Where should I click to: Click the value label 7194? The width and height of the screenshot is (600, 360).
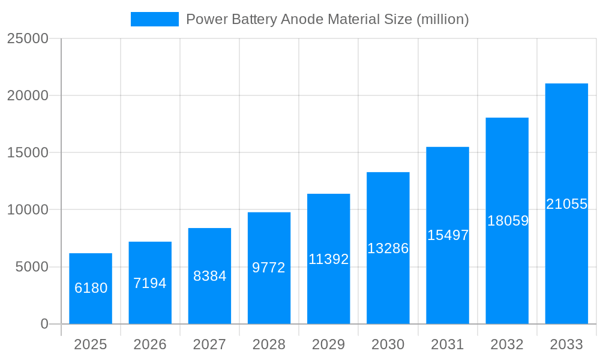coord(150,283)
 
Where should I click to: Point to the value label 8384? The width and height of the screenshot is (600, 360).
coord(209,276)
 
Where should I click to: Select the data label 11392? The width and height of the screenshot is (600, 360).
coord(329,259)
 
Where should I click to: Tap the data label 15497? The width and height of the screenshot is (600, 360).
coord(448,235)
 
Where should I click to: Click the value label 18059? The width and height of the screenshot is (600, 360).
coord(508,221)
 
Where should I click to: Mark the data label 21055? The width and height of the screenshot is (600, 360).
coord(566,204)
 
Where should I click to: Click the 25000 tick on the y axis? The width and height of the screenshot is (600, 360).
coord(27,38)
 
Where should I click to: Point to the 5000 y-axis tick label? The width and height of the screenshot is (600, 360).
coord(32,267)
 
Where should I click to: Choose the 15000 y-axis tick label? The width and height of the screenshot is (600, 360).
coord(27,152)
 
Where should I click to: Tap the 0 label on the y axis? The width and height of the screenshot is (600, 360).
coord(44,324)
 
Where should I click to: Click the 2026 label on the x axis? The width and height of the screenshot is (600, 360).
coord(150,344)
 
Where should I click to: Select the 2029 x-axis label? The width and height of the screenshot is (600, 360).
coord(329,344)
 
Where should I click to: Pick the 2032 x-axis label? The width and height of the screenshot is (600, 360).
coord(507,344)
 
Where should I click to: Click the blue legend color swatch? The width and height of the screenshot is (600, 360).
coord(155,19)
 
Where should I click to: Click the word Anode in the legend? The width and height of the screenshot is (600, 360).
coord(302,19)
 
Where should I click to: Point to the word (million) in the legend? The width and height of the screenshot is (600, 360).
coord(442,19)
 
